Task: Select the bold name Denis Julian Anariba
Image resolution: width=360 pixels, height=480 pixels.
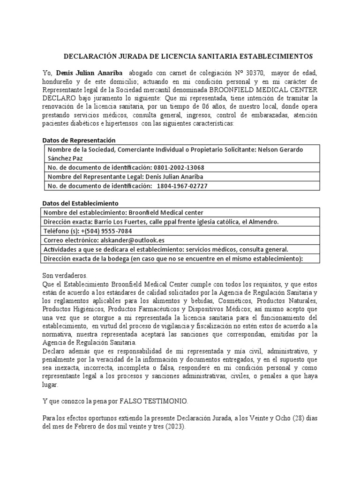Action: click(x=89, y=73)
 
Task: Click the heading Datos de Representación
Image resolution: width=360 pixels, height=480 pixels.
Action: click(x=79, y=140)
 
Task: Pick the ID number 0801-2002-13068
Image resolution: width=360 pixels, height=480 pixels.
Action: click(x=179, y=167)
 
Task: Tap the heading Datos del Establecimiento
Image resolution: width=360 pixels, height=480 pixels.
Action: click(x=80, y=203)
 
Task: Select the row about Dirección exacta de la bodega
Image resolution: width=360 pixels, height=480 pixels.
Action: click(x=173, y=258)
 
